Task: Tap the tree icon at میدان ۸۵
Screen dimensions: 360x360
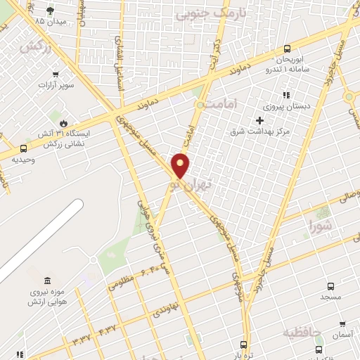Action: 49,11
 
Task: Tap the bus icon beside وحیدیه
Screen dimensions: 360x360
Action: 24,148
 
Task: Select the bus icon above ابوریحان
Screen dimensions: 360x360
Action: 287,49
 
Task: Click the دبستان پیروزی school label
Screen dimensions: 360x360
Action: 282,106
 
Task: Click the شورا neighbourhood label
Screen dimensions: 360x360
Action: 321,226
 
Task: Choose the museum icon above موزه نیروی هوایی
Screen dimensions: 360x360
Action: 47,281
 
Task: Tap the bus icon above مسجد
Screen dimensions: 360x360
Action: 330,287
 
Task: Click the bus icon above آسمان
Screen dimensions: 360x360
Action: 342,324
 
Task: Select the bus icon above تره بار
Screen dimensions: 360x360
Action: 244,345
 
